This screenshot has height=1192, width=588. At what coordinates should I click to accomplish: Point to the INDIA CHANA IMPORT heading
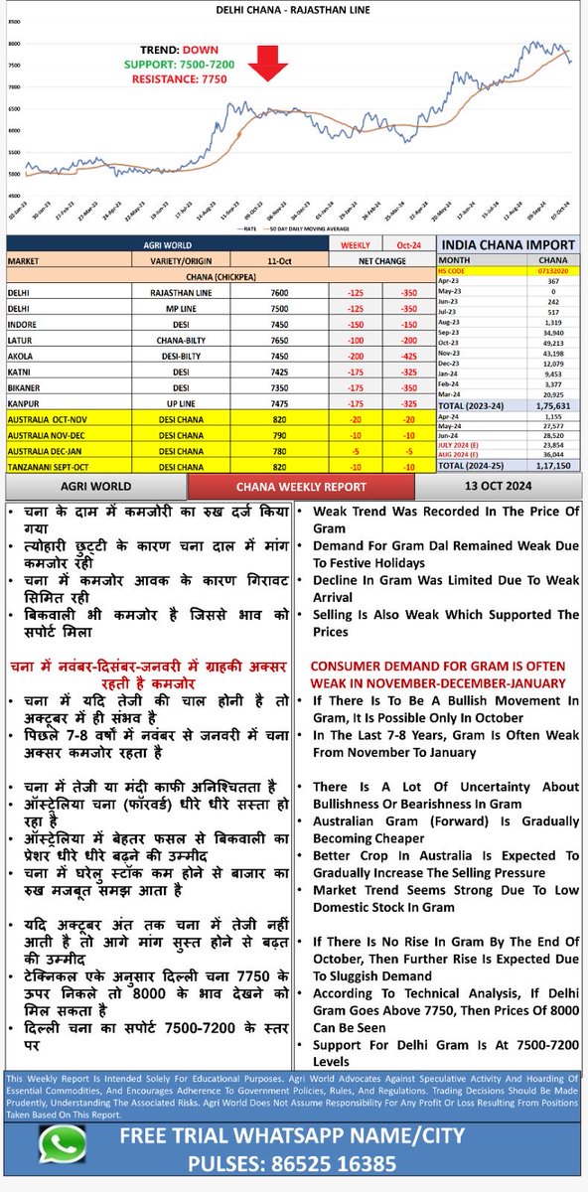(507, 244)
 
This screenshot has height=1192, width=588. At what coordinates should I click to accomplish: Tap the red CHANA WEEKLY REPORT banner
(300, 486)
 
